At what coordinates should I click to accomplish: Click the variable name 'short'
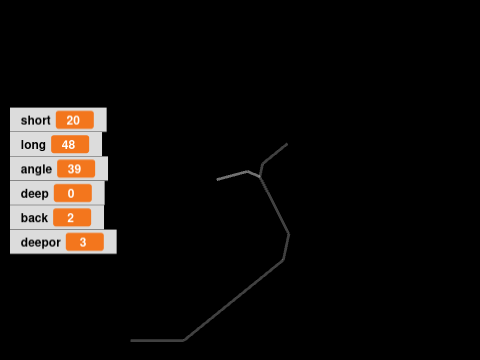[35, 120]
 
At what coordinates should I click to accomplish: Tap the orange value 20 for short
[74, 120]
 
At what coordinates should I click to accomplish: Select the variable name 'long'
[33, 144]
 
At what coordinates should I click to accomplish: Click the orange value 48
[70, 144]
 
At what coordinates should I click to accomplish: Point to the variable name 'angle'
[36, 169]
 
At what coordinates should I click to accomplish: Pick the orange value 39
[76, 169]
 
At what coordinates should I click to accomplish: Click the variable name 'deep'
[34, 193]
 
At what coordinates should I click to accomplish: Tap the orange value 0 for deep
[72, 193]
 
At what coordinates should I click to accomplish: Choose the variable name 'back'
[34, 217]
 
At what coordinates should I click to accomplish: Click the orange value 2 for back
[71, 217]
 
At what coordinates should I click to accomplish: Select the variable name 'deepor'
[40, 242]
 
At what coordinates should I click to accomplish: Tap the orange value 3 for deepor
[84, 242]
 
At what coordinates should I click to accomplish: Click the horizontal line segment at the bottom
[157, 340]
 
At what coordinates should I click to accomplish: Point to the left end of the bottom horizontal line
[131, 340]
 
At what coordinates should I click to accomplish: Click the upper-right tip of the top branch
[287, 145]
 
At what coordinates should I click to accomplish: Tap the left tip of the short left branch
[218, 179]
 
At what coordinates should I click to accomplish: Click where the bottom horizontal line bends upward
[183, 340]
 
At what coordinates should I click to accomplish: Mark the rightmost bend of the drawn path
[289, 235]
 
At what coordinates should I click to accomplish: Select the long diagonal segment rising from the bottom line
[233, 300]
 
